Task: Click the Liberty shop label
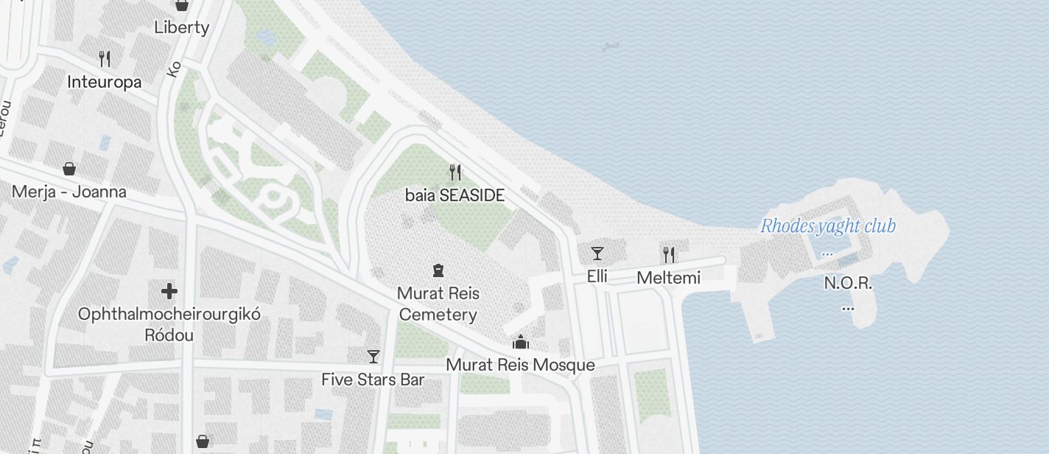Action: [x=181, y=27]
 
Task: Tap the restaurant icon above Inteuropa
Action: [x=105, y=59]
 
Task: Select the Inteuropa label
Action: [x=104, y=82]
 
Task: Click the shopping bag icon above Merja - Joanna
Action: [x=69, y=169]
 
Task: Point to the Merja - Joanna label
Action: [x=69, y=192]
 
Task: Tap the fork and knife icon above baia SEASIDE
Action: [x=455, y=172]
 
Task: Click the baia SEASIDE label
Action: [x=455, y=195]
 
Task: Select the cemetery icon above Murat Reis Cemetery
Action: [x=438, y=270]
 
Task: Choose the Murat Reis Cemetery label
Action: [x=438, y=304]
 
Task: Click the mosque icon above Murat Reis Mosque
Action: [x=521, y=342]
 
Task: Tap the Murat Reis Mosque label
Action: [x=521, y=365]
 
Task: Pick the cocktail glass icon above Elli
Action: [x=597, y=254]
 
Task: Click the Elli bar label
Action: [x=597, y=277]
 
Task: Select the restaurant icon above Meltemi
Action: [x=669, y=255]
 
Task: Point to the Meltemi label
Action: [x=669, y=278]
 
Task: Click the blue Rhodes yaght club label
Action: [x=828, y=226]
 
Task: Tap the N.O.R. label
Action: [x=848, y=283]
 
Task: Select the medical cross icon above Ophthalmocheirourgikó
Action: [x=169, y=291]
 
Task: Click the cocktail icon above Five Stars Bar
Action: [x=373, y=357]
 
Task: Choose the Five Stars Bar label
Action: [x=373, y=380]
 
